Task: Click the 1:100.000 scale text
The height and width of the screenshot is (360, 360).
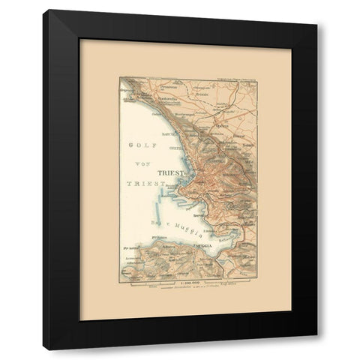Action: pyautogui.click(x=187, y=282)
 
